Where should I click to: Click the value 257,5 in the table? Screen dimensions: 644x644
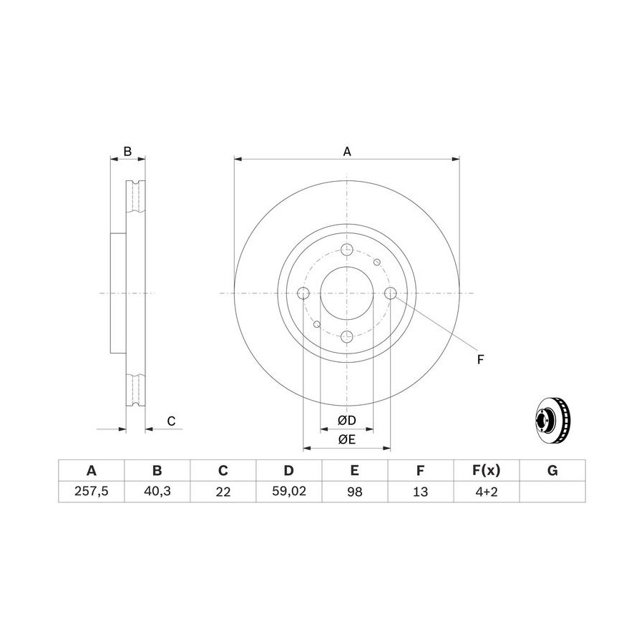(x=91, y=491)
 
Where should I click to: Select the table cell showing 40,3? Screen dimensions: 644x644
(x=157, y=491)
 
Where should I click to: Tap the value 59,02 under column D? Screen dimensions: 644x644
(x=289, y=491)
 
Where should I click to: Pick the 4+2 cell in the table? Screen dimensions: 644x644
(x=487, y=492)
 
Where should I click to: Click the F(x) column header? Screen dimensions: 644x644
(x=487, y=470)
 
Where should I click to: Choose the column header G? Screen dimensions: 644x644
(x=552, y=470)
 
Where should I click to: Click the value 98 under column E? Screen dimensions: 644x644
(x=355, y=492)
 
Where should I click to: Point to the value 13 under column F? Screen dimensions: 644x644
(x=421, y=492)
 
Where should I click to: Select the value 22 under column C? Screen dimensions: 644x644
(x=223, y=492)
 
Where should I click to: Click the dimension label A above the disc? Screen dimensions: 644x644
(x=347, y=152)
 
